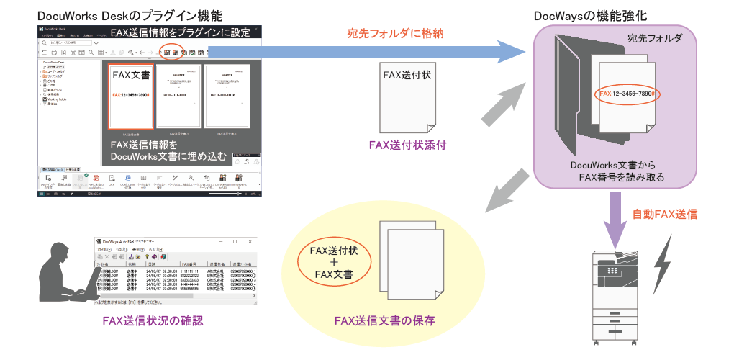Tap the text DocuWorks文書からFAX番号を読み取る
(x=614, y=171)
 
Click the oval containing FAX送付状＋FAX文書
(x=330, y=262)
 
